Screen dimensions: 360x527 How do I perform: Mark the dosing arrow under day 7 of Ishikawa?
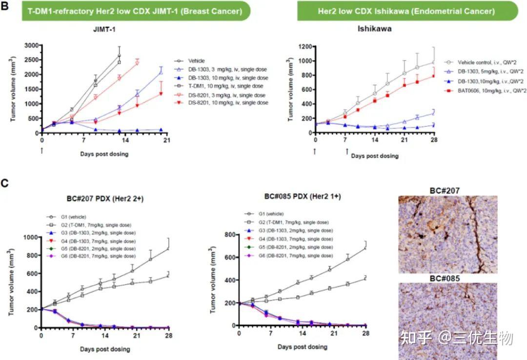(347, 151)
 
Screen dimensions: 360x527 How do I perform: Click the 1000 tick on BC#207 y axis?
(30, 237)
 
